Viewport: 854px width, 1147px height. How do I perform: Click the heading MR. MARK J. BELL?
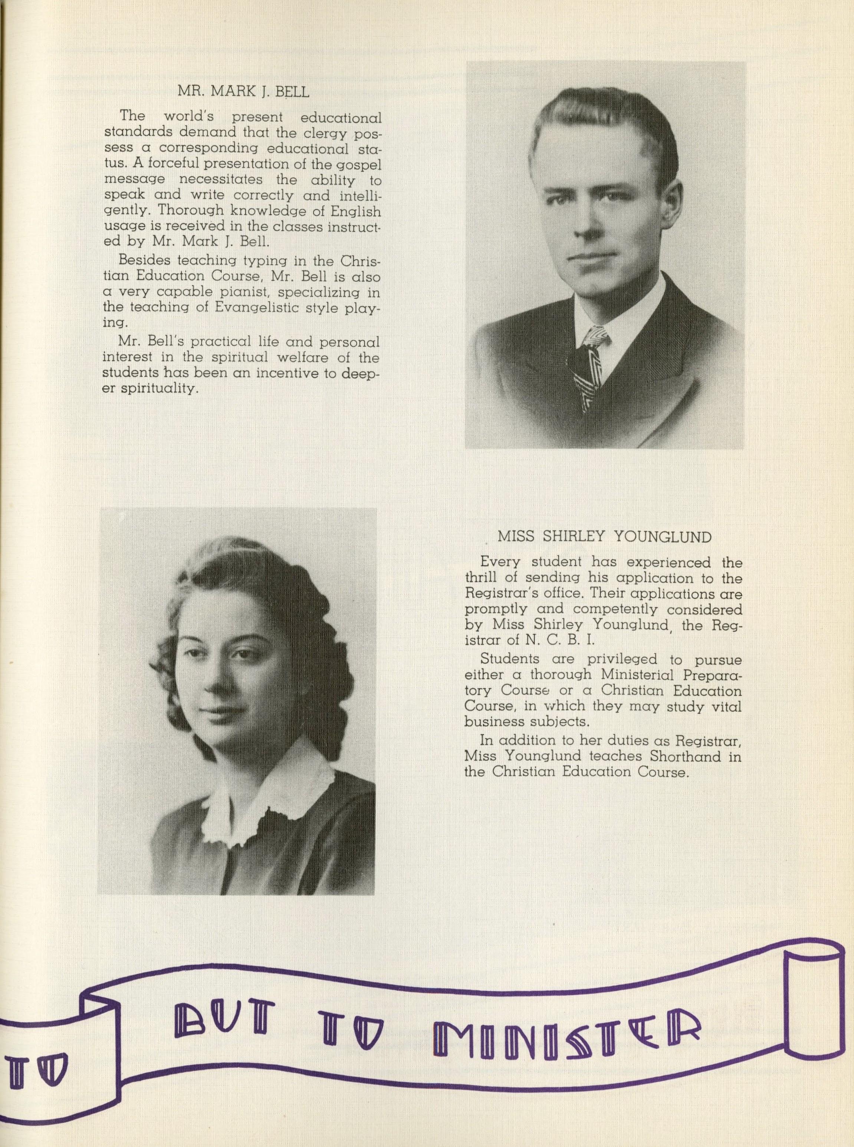pyautogui.click(x=243, y=92)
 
